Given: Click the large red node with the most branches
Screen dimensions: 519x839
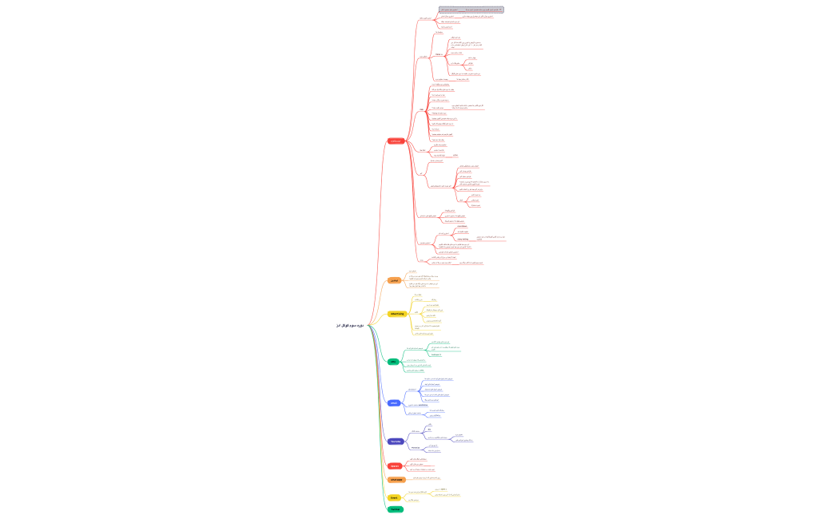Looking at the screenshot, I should point(395,141).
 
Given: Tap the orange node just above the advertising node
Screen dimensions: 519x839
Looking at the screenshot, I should point(394,280).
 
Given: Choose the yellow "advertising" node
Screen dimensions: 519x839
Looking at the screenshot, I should point(396,314).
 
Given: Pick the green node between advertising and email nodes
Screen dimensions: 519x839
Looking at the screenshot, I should point(393,362).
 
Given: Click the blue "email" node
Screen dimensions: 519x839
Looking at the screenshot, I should point(394,403).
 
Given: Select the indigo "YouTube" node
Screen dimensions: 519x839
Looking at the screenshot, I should point(396,441).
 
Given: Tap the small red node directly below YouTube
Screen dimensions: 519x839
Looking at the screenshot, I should point(395,466).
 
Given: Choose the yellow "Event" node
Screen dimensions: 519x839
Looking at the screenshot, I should point(394,497).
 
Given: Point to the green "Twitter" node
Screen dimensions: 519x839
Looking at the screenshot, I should point(395,509).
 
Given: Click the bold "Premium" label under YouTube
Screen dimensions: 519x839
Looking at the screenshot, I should point(416,447).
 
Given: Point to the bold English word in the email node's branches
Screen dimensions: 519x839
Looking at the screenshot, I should point(423,405).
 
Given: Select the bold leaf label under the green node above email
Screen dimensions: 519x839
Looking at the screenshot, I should point(435,354).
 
